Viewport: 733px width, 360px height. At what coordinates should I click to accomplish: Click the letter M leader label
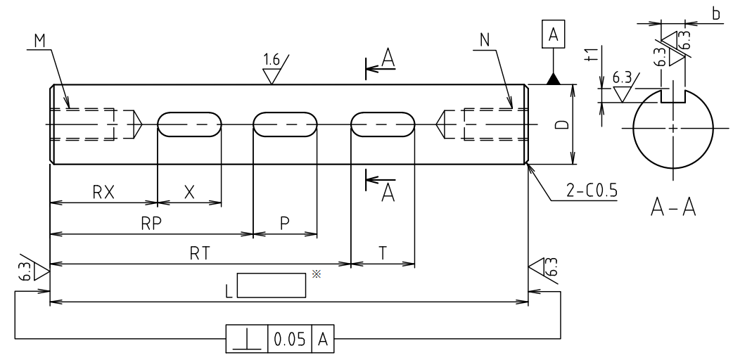pyautogui.click(x=39, y=41)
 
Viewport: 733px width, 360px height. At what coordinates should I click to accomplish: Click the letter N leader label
pyautogui.click(x=485, y=41)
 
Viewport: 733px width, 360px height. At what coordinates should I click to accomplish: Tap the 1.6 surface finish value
pyautogui.click(x=271, y=60)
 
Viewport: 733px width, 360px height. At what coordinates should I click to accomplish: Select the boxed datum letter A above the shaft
pyautogui.click(x=553, y=34)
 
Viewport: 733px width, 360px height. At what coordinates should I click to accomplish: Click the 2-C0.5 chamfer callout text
pyautogui.click(x=592, y=191)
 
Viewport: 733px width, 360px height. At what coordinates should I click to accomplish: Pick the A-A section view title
pyautogui.click(x=673, y=207)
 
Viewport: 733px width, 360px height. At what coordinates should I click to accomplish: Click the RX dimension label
pyautogui.click(x=103, y=192)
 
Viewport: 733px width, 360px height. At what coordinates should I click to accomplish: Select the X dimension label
pyautogui.click(x=189, y=192)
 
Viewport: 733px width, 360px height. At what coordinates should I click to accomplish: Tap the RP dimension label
pyautogui.click(x=151, y=224)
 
